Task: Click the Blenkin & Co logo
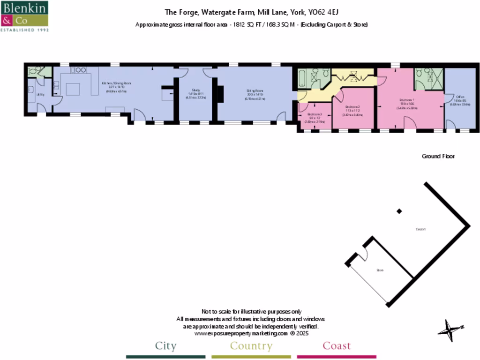click(25, 16)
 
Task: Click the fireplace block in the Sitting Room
click(220, 94)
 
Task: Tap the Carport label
click(420, 229)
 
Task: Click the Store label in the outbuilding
click(380, 270)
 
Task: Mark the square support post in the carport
click(399, 211)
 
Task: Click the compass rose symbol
click(450, 330)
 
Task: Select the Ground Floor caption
click(438, 156)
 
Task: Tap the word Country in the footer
click(251, 346)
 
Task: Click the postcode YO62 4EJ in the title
click(319, 13)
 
